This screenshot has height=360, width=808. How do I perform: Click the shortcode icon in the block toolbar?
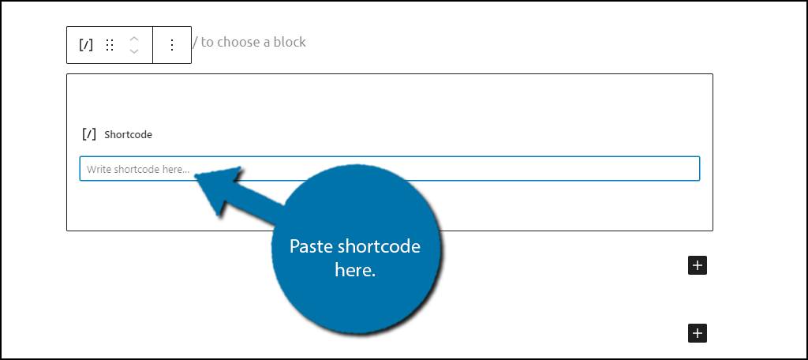click(86, 45)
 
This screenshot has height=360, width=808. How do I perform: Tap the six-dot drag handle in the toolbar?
click(109, 45)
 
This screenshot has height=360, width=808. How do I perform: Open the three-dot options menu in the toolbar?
click(172, 45)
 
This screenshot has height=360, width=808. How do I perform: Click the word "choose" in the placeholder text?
click(238, 42)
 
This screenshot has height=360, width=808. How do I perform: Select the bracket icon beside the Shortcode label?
click(89, 134)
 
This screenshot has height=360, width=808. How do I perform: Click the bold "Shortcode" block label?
click(129, 135)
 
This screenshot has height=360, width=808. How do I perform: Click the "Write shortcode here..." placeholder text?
click(138, 169)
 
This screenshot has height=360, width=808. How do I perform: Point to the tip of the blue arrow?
click(196, 176)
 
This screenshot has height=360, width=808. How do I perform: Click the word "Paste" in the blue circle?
click(312, 246)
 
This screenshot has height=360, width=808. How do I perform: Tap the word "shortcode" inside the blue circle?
click(380, 246)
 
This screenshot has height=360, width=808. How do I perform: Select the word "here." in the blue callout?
click(355, 270)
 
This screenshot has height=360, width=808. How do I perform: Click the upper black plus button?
click(698, 265)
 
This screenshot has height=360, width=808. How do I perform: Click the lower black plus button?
click(698, 333)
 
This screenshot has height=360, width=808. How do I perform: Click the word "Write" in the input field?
click(99, 169)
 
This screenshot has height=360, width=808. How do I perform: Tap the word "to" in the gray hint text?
click(208, 42)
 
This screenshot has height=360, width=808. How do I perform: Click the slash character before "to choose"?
click(195, 42)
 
